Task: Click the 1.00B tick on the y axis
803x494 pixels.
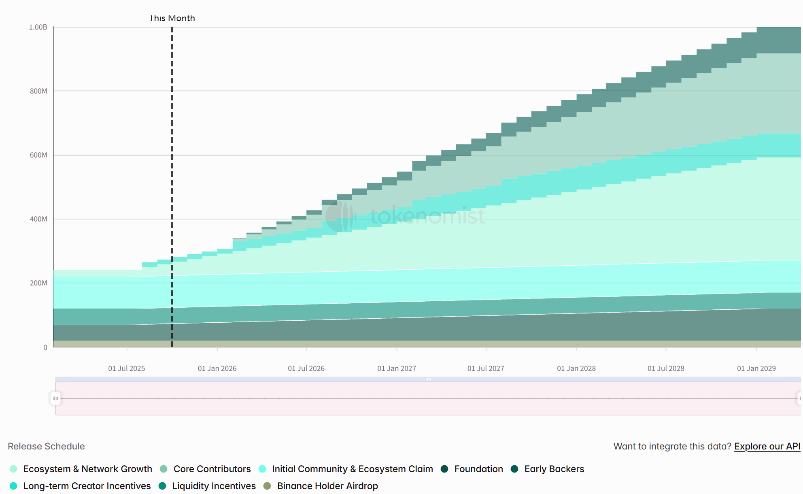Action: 38,27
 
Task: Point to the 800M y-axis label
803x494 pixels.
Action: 38,91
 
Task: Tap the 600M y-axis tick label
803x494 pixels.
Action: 38,155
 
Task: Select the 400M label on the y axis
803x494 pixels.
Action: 38,219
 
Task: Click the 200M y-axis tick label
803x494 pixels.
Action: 38,283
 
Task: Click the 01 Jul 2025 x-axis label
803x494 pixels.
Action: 126,368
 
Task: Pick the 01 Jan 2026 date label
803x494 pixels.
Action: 217,368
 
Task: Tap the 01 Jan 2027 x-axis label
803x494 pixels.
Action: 397,368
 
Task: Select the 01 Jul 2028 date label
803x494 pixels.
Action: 666,368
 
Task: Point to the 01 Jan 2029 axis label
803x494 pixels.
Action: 756,368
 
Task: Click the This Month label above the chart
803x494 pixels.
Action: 172,18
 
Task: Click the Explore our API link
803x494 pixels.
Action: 767,446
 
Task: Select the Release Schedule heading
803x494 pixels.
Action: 46,446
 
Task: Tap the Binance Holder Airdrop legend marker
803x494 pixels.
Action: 267,486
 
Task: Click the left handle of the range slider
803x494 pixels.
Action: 55,398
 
